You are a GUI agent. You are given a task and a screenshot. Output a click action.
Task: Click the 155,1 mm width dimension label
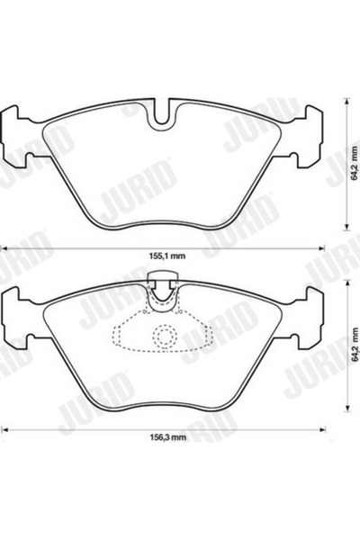click(166, 256)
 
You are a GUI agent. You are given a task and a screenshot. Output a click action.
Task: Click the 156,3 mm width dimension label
click(166, 438)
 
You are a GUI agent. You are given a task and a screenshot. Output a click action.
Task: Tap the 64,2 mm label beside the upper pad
click(354, 166)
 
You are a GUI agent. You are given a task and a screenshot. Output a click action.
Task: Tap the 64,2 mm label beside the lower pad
click(354, 346)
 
